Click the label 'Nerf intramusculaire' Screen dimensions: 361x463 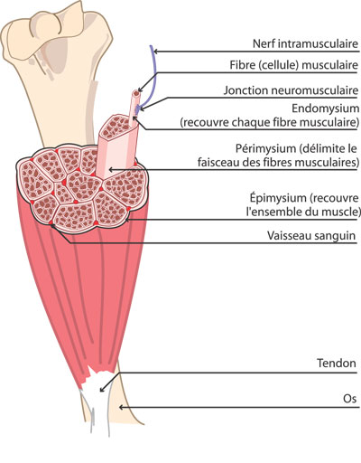tap(305, 43)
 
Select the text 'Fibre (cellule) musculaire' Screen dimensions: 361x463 tap(294, 65)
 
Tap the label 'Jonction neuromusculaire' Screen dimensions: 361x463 tap(291, 90)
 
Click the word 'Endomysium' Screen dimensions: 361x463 tap(326, 109)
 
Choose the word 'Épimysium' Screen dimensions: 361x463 tap(278, 198)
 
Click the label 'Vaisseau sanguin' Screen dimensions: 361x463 tap(311, 235)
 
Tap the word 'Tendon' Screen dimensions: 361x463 tap(337, 363)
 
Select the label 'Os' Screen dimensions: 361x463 tap(349, 399)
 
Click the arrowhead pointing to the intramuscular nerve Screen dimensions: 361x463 tap(156, 52)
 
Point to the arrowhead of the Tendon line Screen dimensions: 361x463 tap(102, 389)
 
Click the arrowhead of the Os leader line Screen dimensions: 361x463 tap(121, 407)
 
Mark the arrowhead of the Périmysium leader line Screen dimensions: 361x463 tap(111, 170)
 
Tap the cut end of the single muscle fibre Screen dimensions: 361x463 tap(136, 94)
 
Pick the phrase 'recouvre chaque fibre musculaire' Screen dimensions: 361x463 tap(270, 123)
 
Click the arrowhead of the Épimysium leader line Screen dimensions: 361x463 tap(127, 220)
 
